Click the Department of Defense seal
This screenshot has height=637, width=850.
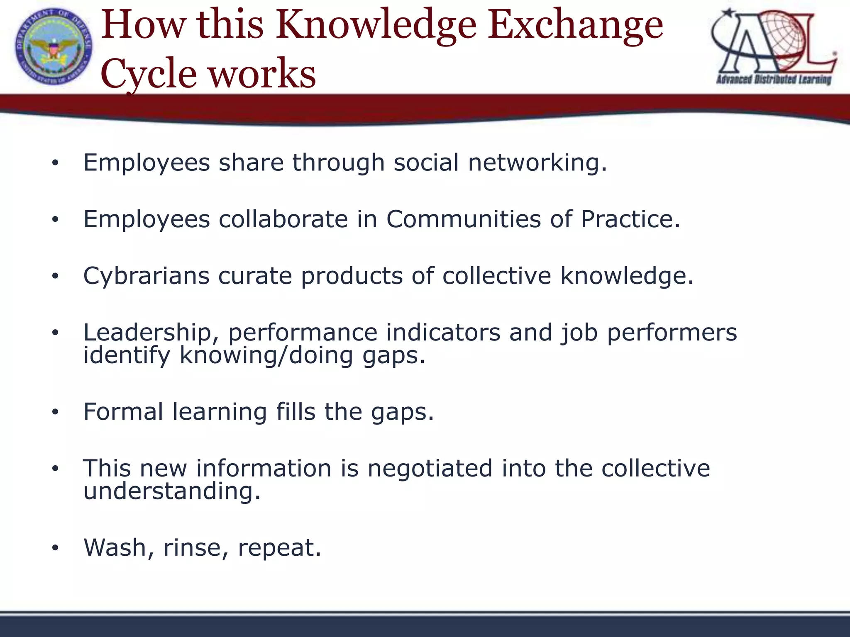(54, 46)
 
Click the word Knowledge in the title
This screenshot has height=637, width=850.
(376, 26)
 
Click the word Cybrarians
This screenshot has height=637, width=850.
(147, 276)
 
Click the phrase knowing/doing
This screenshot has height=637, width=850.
(266, 356)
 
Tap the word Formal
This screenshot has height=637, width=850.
(123, 412)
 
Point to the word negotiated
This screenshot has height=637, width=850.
(430, 469)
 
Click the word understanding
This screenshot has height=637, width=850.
(172, 491)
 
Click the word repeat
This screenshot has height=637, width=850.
(279, 548)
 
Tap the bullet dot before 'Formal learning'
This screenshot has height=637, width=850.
(55, 413)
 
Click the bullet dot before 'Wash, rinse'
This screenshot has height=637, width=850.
(55, 548)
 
